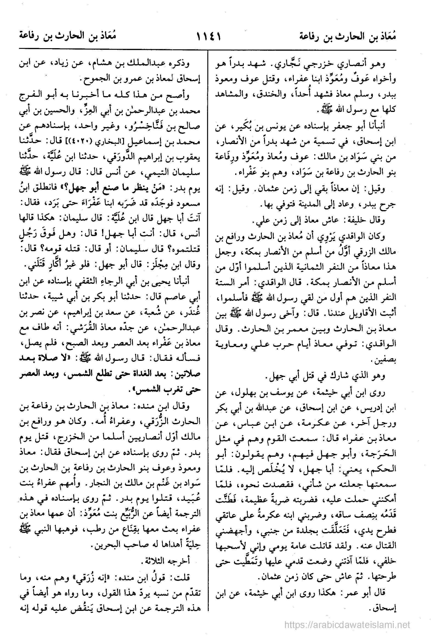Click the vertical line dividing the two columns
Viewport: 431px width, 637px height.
pyautogui.click(x=208, y=329)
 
